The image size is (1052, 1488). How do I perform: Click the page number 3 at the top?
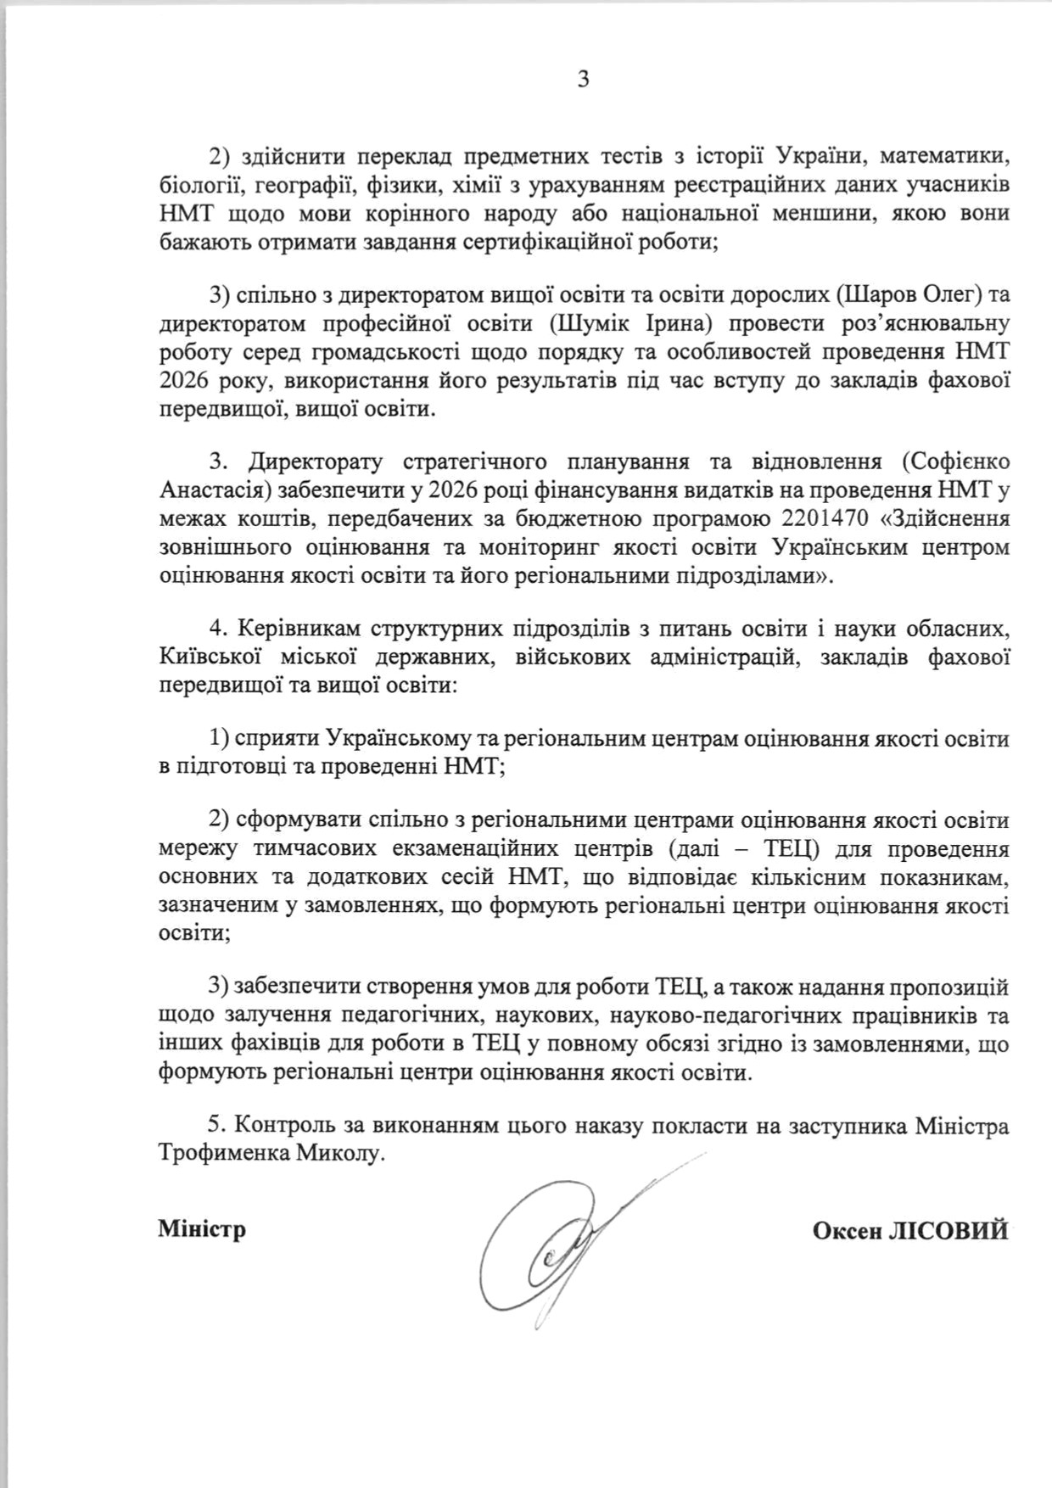coord(583,80)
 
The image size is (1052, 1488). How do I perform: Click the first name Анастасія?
coord(213,490)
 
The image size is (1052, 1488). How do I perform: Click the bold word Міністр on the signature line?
coord(202,1228)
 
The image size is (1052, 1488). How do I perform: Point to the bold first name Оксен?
coord(847,1230)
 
